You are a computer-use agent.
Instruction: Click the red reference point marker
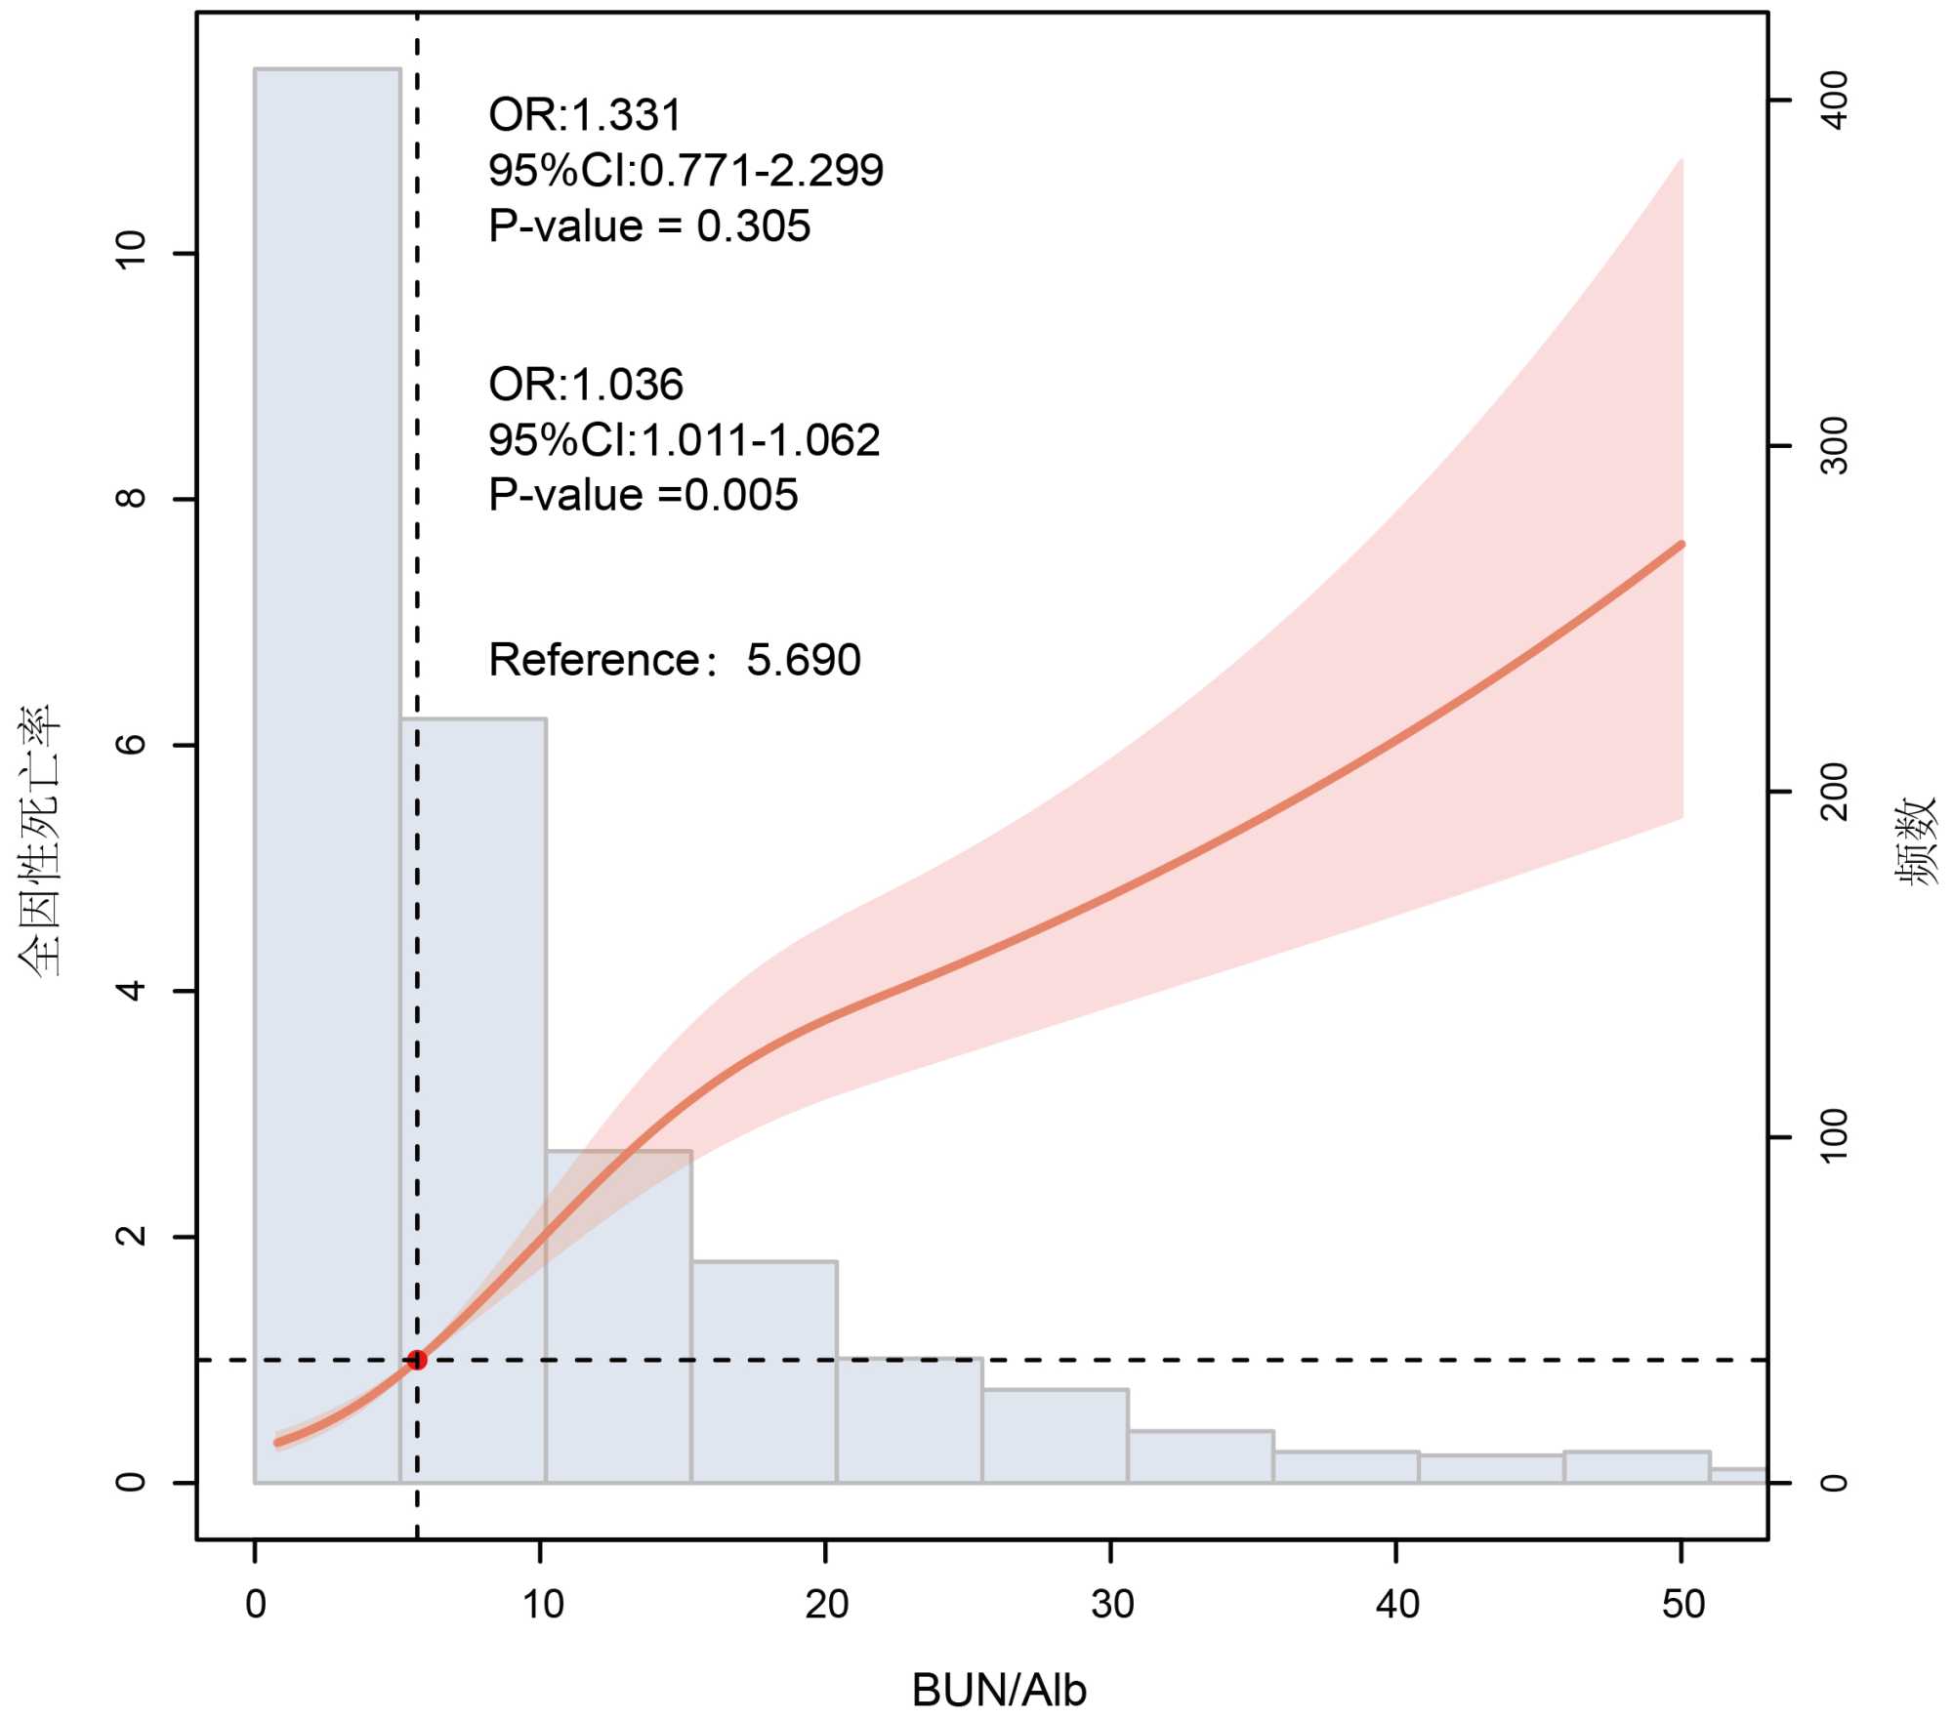click(x=417, y=1360)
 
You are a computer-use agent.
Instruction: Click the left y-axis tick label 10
click(x=131, y=251)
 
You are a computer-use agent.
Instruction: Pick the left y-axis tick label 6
click(x=131, y=745)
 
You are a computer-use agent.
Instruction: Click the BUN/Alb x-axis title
click(x=998, y=1690)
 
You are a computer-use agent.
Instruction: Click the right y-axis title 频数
click(x=1915, y=840)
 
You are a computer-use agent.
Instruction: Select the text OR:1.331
click(x=585, y=115)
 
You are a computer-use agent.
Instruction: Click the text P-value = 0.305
click(x=649, y=226)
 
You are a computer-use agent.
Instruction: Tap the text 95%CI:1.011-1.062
click(x=685, y=440)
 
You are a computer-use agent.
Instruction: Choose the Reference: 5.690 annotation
click(x=675, y=660)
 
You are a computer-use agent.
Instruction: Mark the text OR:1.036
click(x=586, y=385)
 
